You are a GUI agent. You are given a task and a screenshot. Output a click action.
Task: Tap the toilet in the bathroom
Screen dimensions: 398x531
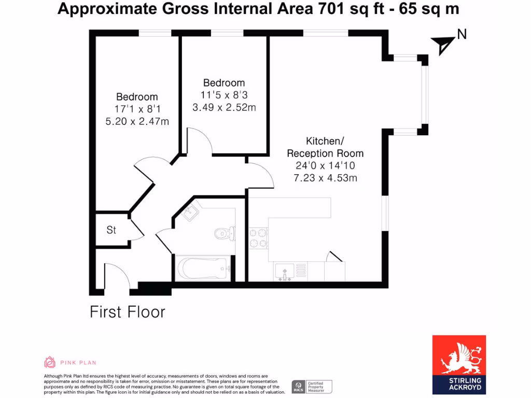[x=225, y=233]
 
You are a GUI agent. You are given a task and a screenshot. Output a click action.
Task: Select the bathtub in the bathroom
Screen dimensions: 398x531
[x=202, y=268]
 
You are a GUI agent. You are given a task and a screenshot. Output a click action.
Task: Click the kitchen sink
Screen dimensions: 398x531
[x=285, y=271]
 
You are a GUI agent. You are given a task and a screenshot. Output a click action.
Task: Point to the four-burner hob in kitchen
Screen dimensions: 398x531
[x=258, y=238]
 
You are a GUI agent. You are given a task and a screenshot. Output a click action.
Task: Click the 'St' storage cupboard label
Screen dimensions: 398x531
[x=111, y=230]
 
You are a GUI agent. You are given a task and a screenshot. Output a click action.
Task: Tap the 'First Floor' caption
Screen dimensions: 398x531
[x=128, y=312]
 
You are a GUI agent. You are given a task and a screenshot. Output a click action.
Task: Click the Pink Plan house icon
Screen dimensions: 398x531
[x=50, y=362]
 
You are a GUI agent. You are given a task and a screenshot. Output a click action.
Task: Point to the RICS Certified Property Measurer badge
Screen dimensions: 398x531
[x=312, y=387]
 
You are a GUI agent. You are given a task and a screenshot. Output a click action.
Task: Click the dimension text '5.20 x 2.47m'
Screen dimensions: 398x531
[x=137, y=121]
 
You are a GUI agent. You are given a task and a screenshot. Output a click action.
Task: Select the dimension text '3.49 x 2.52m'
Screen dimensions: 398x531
[x=224, y=107]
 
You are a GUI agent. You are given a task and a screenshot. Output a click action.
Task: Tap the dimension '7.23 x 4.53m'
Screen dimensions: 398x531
[x=325, y=178]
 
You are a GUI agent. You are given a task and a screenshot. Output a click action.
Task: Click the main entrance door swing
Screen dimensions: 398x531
[x=117, y=275]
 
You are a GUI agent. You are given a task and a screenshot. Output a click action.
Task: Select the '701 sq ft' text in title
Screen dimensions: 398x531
[x=348, y=9]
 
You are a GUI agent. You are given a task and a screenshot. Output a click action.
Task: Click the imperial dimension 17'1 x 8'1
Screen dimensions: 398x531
[x=137, y=109]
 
